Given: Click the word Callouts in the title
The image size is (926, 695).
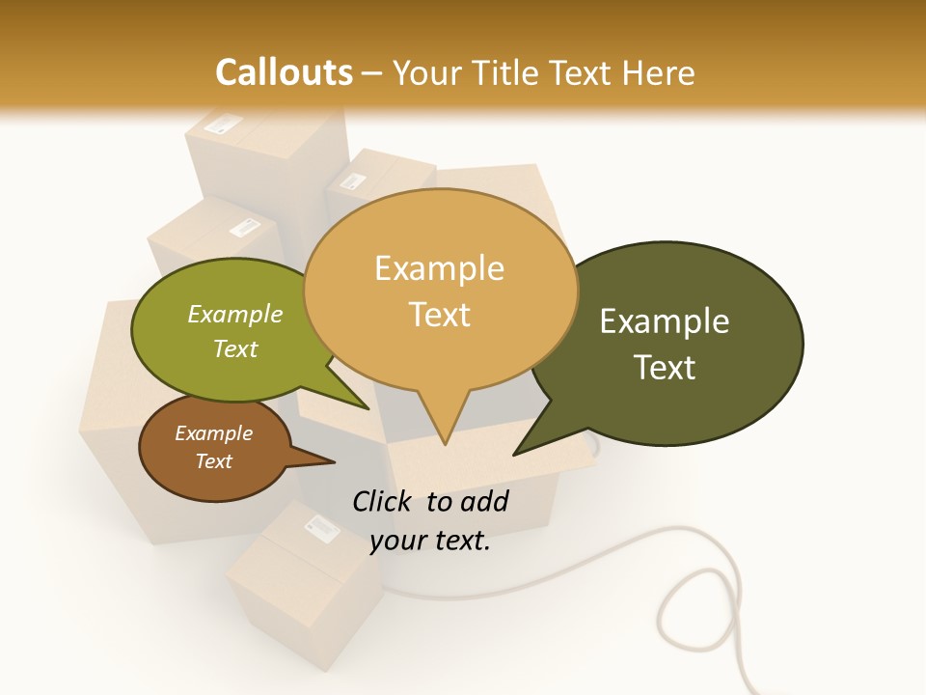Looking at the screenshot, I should [x=284, y=72].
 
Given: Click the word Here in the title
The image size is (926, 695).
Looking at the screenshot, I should [x=659, y=72].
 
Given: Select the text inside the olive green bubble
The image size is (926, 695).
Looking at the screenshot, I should [x=235, y=331].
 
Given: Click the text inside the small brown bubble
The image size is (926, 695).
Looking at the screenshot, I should [x=213, y=447].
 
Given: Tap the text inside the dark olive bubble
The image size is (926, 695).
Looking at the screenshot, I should [x=665, y=344].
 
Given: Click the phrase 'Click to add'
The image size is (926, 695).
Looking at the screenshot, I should [x=430, y=501].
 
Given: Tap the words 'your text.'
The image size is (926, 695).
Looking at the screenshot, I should [x=430, y=541].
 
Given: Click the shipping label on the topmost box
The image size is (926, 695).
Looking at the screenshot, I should [x=228, y=125].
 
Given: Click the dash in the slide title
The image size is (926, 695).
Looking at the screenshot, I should [x=372, y=73].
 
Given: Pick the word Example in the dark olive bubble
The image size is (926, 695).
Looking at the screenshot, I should [x=665, y=321].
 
